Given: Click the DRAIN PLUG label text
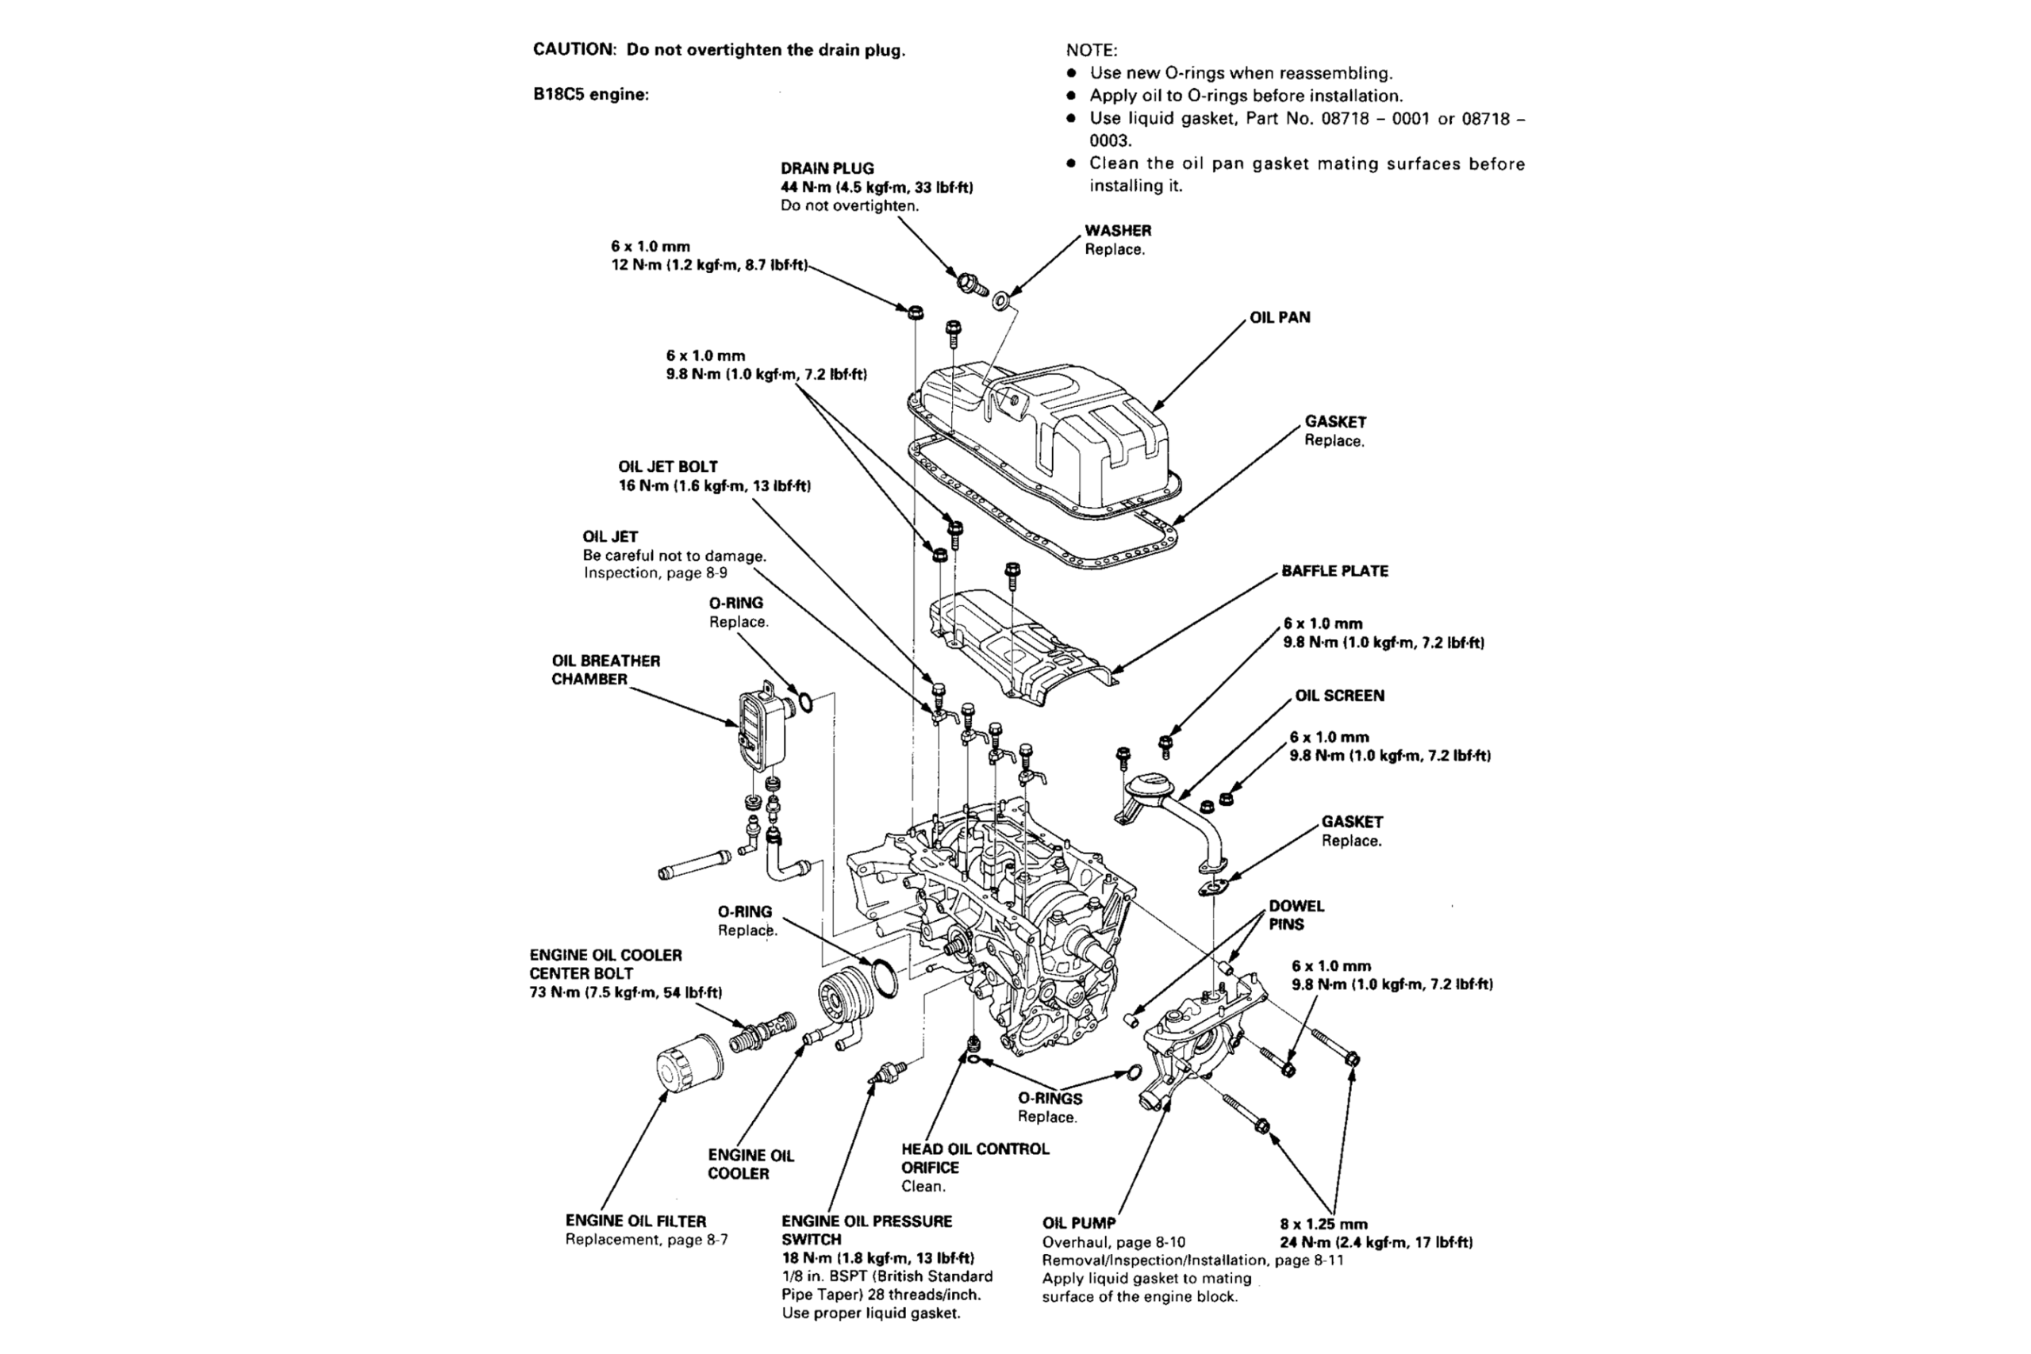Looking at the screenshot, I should coord(827,168).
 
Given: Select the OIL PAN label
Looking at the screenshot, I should coord(1280,318).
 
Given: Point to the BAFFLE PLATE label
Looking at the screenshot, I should coord(1334,571).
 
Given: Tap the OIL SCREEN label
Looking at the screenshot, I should coord(1338,696).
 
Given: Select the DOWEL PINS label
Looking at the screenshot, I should coord(1296,915).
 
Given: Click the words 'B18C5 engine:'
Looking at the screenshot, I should coord(590,94).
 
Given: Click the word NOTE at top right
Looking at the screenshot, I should coord(1091,51).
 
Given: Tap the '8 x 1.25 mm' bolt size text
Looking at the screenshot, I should coord(1323,1224).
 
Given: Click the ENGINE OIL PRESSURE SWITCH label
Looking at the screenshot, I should coord(866,1229).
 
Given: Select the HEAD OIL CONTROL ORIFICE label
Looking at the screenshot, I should coord(975,1158).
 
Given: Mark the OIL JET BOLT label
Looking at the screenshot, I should coord(667,466).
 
